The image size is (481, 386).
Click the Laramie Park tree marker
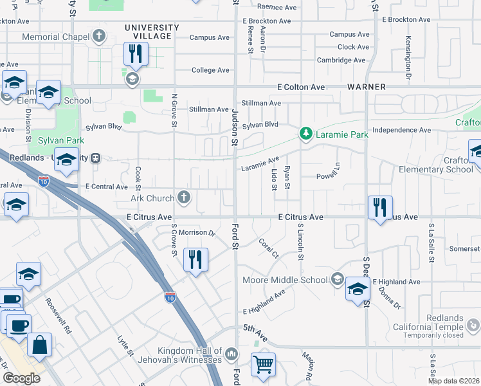coord(306,134)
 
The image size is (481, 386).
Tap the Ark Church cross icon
coord(185,198)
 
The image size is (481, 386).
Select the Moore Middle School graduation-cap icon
coord(337,279)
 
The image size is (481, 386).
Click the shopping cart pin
coord(263,365)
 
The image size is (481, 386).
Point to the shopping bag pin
coord(39,344)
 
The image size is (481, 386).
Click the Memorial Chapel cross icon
coord(99,37)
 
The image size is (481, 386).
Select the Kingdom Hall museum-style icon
coord(231,353)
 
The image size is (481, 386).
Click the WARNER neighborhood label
coord(367,87)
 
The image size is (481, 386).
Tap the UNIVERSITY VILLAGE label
coord(152,32)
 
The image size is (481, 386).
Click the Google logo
coord(21,378)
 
